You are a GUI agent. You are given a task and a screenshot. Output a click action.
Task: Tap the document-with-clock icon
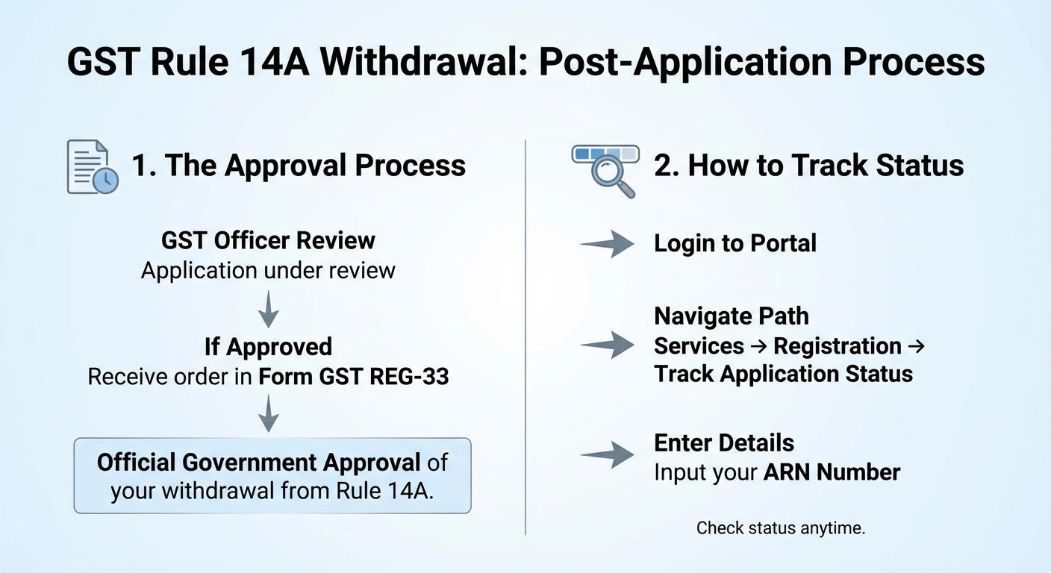coord(93,167)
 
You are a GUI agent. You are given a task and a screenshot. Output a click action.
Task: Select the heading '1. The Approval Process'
coord(299,165)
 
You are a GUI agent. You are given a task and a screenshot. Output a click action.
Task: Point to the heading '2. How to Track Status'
coord(809,165)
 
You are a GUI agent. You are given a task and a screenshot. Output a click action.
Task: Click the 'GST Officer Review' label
coord(269,240)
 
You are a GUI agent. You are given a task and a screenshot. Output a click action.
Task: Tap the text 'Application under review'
coord(269,271)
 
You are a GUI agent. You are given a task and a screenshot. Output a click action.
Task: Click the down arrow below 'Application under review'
coord(269,309)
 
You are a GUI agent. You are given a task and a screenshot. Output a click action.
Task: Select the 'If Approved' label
coord(269,347)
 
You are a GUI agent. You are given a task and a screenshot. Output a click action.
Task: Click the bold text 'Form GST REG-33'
coord(354,377)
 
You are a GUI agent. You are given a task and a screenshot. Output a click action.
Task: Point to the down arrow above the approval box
coord(269,413)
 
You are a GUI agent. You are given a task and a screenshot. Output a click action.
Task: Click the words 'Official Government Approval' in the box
coord(258,463)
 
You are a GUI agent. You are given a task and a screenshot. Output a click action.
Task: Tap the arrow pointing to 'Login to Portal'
coord(607,244)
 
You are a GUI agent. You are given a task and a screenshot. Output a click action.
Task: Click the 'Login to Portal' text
coord(735,243)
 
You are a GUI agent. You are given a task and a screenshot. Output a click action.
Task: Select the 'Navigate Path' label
coord(732,316)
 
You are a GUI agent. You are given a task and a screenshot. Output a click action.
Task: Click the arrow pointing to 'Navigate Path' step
coord(607,345)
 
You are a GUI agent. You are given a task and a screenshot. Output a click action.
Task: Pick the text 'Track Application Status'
coord(784,375)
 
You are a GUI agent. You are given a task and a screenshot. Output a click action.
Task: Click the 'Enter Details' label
coord(724,442)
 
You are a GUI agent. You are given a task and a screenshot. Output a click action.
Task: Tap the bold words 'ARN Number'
coord(832,472)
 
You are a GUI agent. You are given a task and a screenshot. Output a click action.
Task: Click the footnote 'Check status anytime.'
coord(781,528)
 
